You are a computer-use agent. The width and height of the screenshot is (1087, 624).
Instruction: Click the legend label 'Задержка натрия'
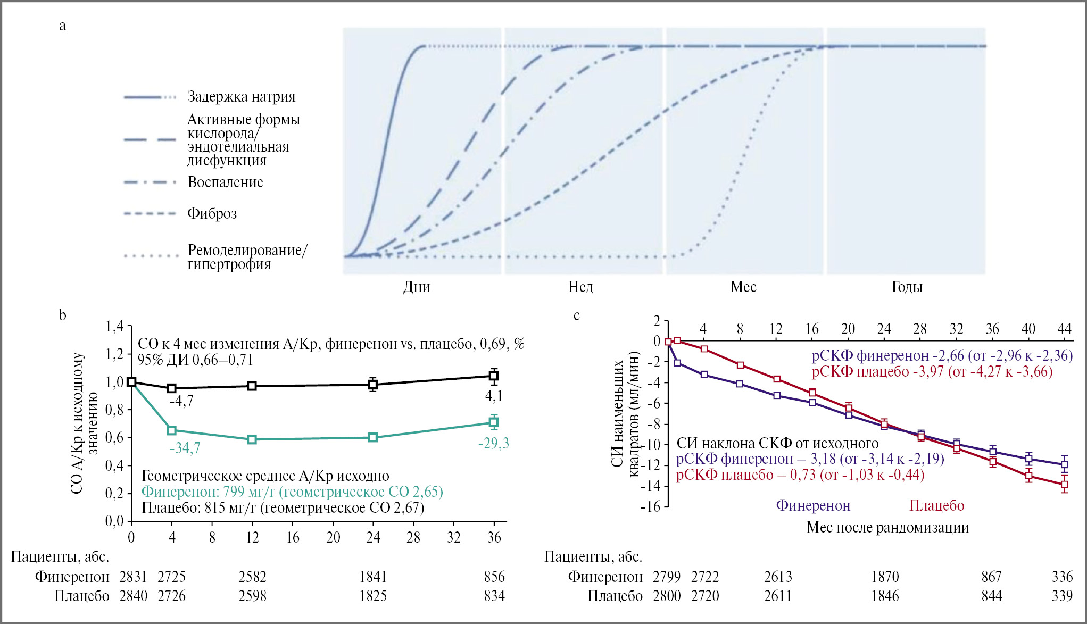pos(241,97)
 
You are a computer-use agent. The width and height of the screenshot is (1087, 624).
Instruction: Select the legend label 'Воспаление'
pos(225,182)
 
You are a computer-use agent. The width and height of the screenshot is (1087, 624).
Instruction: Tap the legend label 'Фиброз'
pos(212,214)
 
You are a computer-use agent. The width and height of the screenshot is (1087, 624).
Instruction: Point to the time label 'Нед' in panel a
pos(580,287)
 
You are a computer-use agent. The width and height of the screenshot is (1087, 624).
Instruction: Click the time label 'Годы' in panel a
pos(907,287)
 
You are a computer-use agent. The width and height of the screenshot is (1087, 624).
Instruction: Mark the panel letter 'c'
pos(576,315)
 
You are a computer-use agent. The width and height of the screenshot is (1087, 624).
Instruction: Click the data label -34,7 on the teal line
pos(185,448)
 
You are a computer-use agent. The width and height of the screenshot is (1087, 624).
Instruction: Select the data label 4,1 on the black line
pos(494,396)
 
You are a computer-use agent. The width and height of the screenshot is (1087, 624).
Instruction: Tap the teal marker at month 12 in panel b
pos(252,439)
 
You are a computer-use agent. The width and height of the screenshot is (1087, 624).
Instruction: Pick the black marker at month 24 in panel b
pos(373,384)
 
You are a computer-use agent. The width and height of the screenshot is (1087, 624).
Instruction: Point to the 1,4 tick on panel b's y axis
pos(114,326)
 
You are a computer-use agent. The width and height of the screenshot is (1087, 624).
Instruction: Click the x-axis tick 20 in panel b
pos(333,537)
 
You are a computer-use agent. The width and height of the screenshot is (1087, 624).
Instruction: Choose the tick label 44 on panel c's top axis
pos(1064,329)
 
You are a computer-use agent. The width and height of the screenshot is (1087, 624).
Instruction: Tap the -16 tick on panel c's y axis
pos(650,506)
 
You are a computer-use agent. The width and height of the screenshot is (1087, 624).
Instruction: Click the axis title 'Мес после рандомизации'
pos(887,528)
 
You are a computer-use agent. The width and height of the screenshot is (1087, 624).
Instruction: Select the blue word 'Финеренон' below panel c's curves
pos(813,505)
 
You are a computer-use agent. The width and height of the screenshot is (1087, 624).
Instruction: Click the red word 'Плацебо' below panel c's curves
pos(936,505)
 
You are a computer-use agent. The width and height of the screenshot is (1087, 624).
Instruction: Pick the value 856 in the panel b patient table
pos(494,577)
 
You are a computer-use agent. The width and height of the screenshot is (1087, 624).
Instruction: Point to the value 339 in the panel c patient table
pos(1062,596)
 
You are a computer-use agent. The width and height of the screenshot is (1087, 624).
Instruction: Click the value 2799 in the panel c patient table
pos(667,577)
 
